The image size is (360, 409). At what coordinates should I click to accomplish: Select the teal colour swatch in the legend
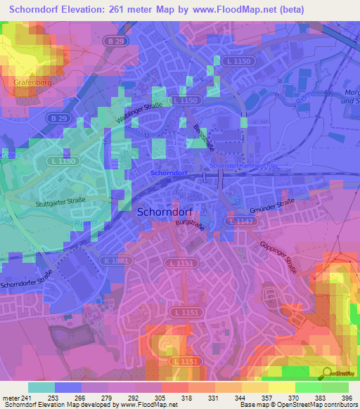[41, 387]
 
